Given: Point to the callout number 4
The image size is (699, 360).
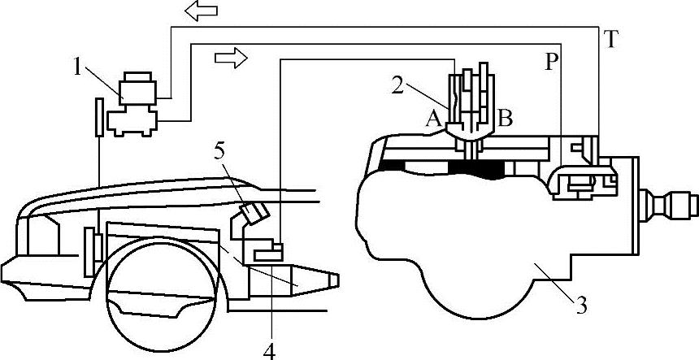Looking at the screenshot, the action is click(x=269, y=350).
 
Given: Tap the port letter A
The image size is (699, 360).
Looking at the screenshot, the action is click(x=433, y=119).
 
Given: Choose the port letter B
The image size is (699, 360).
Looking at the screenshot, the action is click(x=504, y=119).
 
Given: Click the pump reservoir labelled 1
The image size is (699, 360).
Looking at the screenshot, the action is click(x=136, y=88).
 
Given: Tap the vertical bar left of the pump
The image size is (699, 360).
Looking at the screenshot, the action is click(x=98, y=118).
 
